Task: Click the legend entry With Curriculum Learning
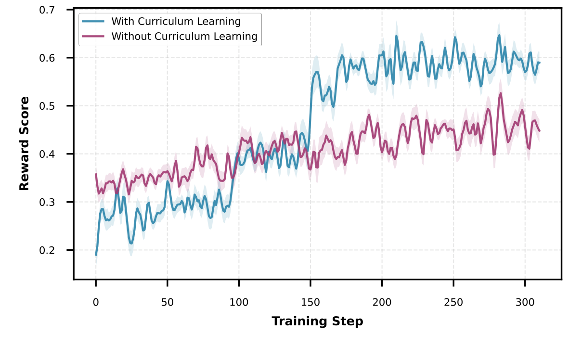coord(176,21)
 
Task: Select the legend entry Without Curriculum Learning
coord(184,36)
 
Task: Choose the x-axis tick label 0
coord(96,302)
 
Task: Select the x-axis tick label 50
coord(168,302)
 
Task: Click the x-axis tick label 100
coord(239,302)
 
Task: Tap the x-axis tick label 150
coord(310,302)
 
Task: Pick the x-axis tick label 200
coord(382,302)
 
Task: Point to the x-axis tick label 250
coord(453,302)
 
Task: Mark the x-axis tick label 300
coord(525,302)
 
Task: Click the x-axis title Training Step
coord(317,321)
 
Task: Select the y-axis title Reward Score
coord(24,143)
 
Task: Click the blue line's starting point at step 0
coord(96,255)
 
